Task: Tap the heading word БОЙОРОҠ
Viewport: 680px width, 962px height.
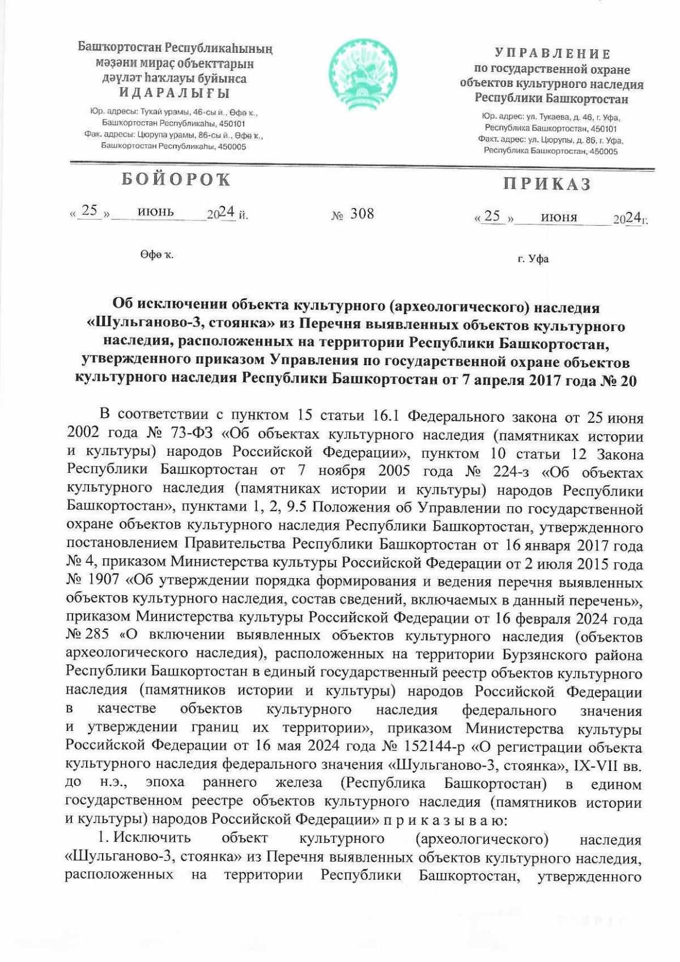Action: [176, 180]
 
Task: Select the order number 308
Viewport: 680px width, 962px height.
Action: [362, 214]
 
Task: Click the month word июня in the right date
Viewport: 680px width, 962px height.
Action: [559, 217]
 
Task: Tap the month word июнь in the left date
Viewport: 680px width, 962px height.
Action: [156, 212]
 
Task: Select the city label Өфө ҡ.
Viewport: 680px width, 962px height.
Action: [156, 255]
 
